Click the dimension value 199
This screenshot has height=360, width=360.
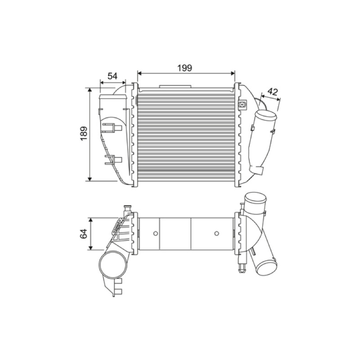pyautogui.click(x=184, y=68)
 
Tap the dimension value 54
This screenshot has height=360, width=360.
pyautogui.click(x=112, y=76)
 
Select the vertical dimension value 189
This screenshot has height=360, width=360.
pyautogui.click(x=84, y=133)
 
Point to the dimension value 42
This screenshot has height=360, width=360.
pyautogui.click(x=273, y=92)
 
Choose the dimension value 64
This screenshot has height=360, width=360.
pyautogui.click(x=84, y=234)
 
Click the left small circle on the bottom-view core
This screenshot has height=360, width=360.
pyautogui.click(x=155, y=234)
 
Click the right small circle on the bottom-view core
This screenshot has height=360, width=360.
pyautogui.click(x=216, y=234)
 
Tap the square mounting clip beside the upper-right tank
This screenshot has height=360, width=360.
pyautogui.click(x=242, y=104)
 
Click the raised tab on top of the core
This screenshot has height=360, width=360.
pyautogui.click(x=175, y=86)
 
